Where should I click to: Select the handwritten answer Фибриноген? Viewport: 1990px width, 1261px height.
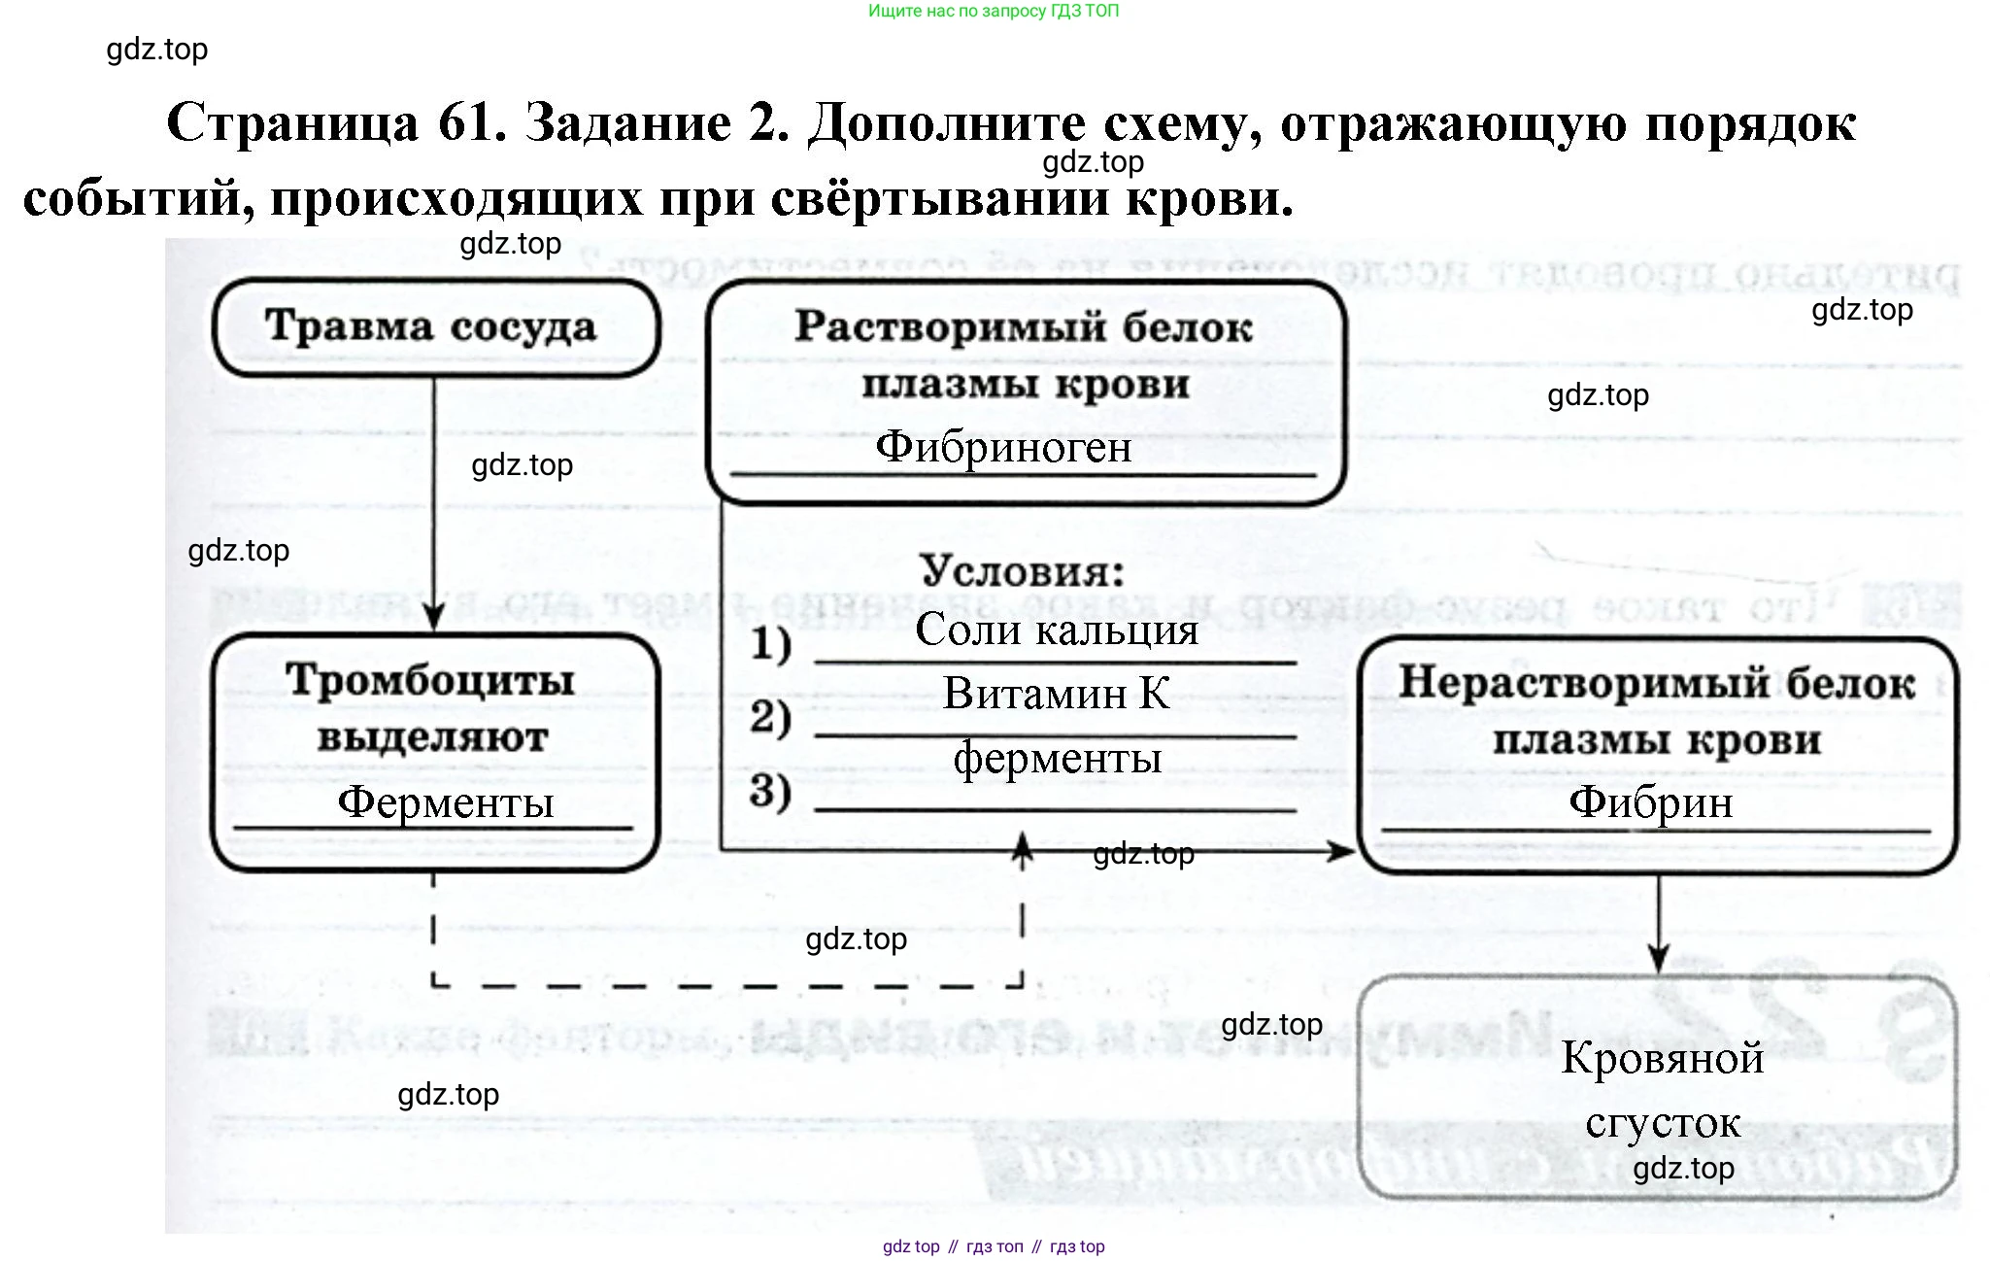coord(1003,448)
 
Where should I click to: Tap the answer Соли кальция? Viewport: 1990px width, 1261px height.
coord(1057,630)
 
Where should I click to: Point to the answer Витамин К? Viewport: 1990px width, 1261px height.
coord(1057,694)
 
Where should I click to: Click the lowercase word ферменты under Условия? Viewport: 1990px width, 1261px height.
coord(1057,758)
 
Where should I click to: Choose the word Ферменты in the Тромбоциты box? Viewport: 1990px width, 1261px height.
coord(446,802)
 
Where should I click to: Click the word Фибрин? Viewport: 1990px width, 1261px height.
coord(1651,802)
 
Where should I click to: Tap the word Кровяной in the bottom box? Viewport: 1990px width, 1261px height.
coord(1662,1058)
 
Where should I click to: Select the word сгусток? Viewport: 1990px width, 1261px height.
coord(1663,1123)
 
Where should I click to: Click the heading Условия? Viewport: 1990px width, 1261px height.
coord(1023,571)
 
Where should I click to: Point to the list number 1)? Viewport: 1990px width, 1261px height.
coord(771,644)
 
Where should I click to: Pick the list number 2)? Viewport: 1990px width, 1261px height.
coord(771,717)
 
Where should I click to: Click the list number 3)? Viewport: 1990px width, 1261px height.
coord(771,791)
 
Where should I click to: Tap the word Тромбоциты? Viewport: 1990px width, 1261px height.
coord(430,680)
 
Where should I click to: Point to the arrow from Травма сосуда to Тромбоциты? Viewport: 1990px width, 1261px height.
coord(434,505)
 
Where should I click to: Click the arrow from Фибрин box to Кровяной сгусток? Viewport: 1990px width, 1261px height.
coord(1659,923)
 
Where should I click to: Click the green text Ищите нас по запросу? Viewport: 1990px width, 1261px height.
coord(957,12)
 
